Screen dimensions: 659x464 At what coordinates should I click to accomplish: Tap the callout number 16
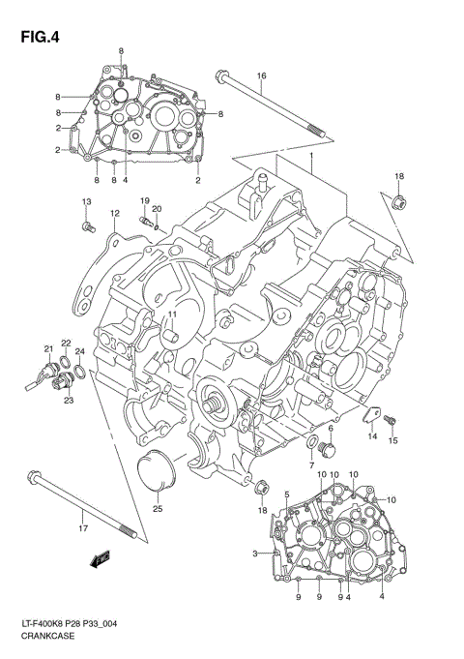pyautogui.click(x=261, y=75)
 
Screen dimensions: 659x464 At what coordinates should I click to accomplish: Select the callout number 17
pyautogui.click(x=83, y=528)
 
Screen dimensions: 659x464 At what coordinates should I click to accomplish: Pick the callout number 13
pyautogui.click(x=85, y=200)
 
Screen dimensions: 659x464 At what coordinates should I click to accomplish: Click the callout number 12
pyautogui.click(x=114, y=214)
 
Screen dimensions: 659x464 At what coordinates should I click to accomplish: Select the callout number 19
pyautogui.click(x=143, y=200)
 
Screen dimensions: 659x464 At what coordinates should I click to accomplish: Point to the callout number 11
pyautogui.click(x=170, y=315)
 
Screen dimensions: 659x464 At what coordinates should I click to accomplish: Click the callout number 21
pyautogui.click(x=46, y=349)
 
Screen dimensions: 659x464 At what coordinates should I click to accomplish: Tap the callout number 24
pyautogui.click(x=80, y=351)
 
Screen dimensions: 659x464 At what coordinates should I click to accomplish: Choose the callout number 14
pyautogui.click(x=371, y=436)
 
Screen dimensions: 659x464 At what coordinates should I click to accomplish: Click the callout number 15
pyautogui.click(x=393, y=441)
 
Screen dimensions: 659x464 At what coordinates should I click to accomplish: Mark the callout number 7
pyautogui.click(x=311, y=465)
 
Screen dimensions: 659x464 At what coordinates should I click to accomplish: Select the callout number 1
pyautogui.click(x=312, y=156)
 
